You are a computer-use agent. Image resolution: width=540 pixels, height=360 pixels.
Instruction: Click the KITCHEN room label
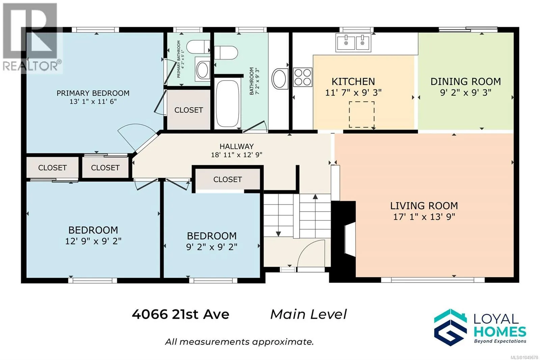pyautogui.click(x=353, y=81)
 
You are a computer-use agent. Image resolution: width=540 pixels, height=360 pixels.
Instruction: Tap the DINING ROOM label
pyautogui.click(x=465, y=81)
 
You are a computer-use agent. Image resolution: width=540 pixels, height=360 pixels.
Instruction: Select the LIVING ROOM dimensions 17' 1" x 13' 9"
pyautogui.click(x=424, y=217)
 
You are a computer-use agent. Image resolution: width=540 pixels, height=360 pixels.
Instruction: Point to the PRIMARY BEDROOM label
pyautogui.click(x=93, y=93)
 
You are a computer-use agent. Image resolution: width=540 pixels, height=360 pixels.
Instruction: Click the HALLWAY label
pyautogui.click(x=237, y=147)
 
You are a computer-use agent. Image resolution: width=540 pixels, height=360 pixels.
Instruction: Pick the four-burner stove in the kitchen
pyautogui.click(x=302, y=77)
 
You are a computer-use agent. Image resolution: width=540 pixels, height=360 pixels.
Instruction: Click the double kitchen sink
pyautogui.click(x=353, y=43)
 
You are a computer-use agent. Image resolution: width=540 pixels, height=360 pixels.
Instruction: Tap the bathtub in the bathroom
pyautogui.click(x=227, y=103)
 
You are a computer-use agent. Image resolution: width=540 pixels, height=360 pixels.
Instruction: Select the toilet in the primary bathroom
pyautogui.click(x=198, y=47)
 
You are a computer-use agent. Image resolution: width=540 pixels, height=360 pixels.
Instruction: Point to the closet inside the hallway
pyautogui.click(x=227, y=179)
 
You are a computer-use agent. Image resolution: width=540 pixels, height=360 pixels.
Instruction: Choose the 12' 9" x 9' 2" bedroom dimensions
pyautogui.click(x=93, y=241)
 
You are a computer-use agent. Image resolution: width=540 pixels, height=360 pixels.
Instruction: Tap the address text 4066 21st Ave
pyautogui.click(x=180, y=314)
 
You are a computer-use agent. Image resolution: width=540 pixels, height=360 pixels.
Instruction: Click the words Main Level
pyautogui.click(x=308, y=314)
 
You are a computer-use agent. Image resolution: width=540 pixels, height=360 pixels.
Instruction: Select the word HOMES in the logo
pyautogui.click(x=500, y=332)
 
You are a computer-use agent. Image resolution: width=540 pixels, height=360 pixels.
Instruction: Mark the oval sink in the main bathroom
pyautogui.click(x=280, y=78)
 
